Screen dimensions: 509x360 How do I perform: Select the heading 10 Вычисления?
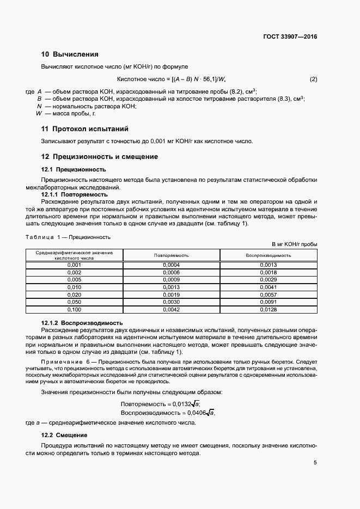[x=70, y=54]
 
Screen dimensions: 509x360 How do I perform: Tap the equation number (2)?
[x=313, y=79]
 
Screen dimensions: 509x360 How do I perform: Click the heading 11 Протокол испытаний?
[x=84, y=129]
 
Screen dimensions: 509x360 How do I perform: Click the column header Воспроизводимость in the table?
[x=269, y=255]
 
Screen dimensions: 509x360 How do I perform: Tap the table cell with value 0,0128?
[x=269, y=309]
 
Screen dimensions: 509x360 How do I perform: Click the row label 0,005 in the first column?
[x=74, y=279]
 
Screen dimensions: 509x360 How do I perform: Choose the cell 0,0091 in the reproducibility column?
[x=269, y=302]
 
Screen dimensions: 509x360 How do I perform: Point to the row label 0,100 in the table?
[x=74, y=309]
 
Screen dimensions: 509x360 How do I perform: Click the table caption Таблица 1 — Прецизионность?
[x=68, y=237]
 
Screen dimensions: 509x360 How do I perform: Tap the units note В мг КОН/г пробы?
[x=294, y=244]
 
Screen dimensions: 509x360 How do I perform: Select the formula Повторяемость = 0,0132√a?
[x=160, y=403]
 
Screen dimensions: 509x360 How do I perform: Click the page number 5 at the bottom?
[x=315, y=463]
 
